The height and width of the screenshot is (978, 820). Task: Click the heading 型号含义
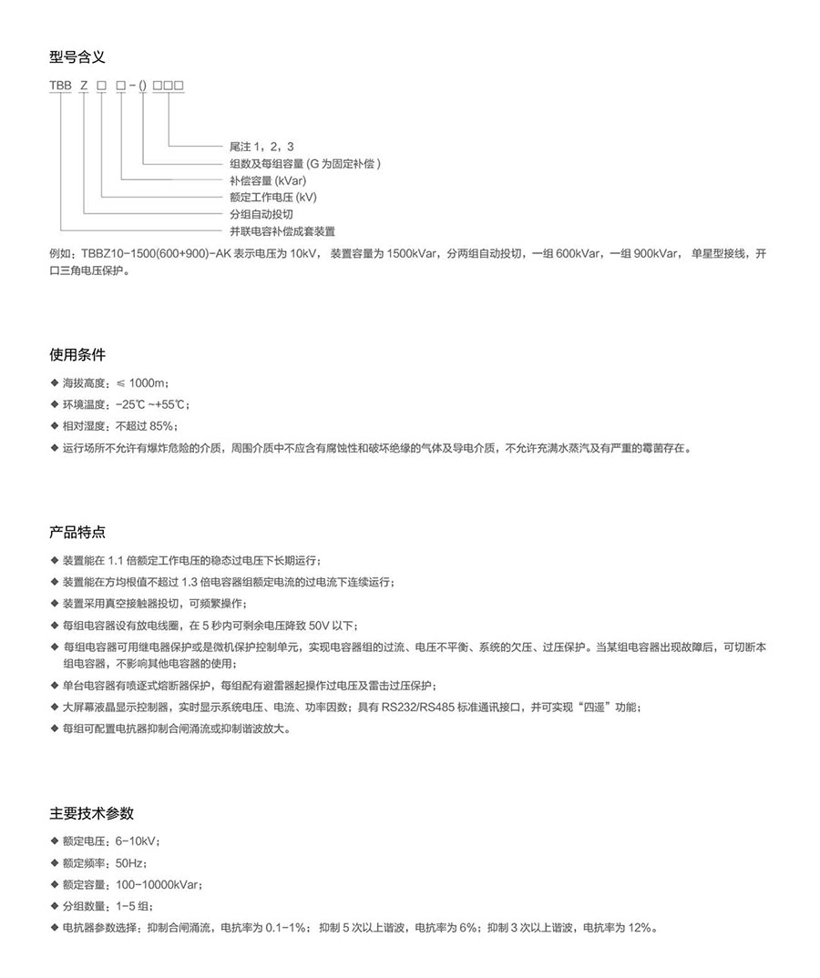coord(77,57)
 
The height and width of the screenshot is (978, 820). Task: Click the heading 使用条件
coord(77,353)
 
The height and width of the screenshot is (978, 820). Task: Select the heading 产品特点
coord(77,531)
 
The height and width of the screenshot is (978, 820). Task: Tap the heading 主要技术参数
coord(91,813)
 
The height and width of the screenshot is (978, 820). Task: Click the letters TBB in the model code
coord(60,86)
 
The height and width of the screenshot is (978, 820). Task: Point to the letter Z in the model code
coord(84,86)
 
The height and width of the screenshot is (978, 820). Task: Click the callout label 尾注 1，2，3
coord(262,147)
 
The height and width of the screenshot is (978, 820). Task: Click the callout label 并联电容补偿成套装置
coord(282,231)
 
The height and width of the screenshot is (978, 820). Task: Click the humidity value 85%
coord(161,425)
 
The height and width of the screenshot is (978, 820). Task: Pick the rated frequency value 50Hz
coord(130,863)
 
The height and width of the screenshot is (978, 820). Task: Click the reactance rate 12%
coord(641,928)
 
